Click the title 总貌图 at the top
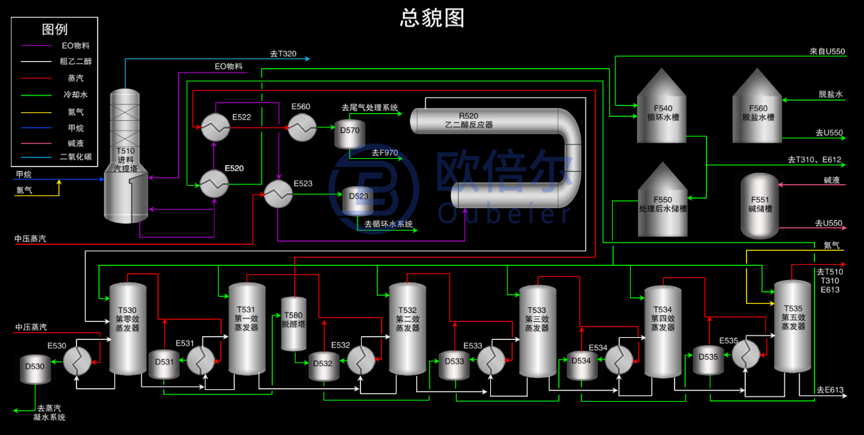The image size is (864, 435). coord(432,17)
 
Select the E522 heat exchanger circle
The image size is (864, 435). coord(215,128)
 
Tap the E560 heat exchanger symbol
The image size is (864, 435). coord(301,128)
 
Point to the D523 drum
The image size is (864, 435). coord(358,200)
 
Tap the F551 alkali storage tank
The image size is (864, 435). coord(759,206)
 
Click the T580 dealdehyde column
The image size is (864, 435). coord(294,324)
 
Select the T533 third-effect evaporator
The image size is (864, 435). coord(537,331)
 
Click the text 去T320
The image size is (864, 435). coord(283,54)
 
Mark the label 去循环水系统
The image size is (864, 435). coord(389,224)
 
